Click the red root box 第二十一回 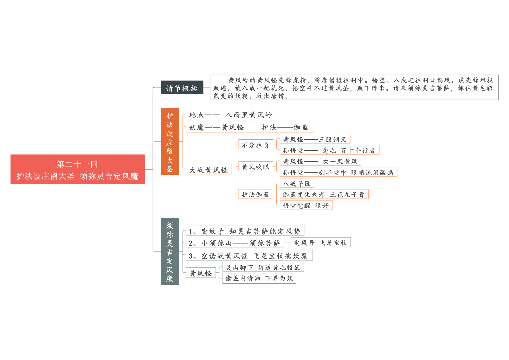[x=77, y=169]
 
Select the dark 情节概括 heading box [x=182, y=87]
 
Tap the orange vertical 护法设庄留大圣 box [x=170, y=142]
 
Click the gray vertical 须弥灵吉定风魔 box [x=170, y=251]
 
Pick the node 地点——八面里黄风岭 [x=231, y=114]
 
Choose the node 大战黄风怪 [x=209, y=169]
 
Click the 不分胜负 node [x=256, y=144]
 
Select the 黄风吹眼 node [x=256, y=166]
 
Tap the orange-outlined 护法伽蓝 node [x=256, y=194]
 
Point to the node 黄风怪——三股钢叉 [x=315, y=139]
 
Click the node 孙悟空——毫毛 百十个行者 [x=329, y=150]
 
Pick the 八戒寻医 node [x=297, y=183]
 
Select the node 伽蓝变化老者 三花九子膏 [x=324, y=194]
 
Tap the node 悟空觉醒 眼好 [x=306, y=205]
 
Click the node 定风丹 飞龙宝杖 [x=321, y=242]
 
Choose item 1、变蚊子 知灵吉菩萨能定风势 [x=245, y=231]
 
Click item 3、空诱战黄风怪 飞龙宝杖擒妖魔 [x=249, y=255]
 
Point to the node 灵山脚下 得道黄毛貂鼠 [x=263, y=267]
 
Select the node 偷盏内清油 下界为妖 [x=259, y=278]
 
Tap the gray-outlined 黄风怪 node [x=201, y=273]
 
